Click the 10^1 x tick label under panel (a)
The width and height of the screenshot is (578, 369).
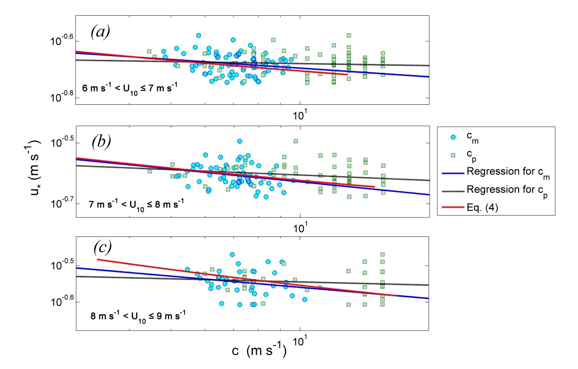click(x=304, y=113)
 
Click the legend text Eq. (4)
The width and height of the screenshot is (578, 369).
click(x=482, y=209)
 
